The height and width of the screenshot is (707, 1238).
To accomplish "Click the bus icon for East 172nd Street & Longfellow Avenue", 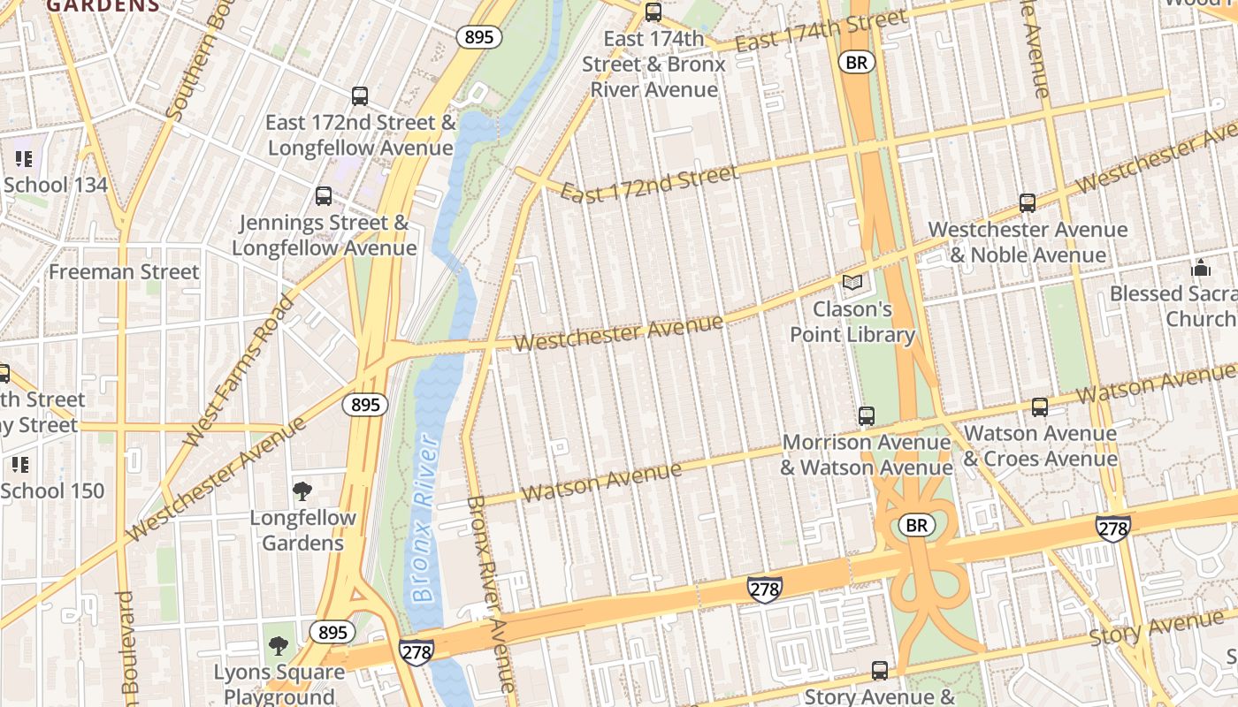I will point(359,96).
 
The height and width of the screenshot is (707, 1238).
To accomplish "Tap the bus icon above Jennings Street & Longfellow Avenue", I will point(324,196).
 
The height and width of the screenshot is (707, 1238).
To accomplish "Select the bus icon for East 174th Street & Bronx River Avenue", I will point(653,12).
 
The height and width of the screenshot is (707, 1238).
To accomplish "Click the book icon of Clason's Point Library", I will point(852,283).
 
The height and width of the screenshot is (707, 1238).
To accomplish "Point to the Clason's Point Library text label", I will point(852,323).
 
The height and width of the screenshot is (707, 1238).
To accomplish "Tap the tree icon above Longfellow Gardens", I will point(302,491).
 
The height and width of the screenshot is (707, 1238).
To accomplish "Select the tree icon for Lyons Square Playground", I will point(279,646).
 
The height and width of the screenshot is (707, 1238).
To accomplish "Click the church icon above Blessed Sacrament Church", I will point(1201,267).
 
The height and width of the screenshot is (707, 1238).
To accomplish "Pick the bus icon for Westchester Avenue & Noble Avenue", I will point(1028,203).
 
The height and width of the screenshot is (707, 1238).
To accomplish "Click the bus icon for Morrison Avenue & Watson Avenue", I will point(867,416).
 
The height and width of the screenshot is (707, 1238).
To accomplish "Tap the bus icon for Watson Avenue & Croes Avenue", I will point(1040,407).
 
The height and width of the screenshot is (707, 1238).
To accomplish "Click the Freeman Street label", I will point(124,272).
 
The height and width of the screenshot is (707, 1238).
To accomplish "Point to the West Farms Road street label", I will point(238,370).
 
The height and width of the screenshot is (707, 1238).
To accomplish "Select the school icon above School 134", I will point(23,159).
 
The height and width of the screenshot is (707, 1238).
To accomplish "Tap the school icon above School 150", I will point(20,465).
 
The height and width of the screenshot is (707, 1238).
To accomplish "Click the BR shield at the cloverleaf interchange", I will point(917,526).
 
